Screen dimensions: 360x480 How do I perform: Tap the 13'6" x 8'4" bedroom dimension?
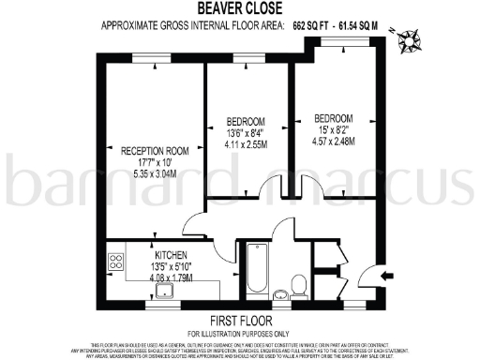point(246,133)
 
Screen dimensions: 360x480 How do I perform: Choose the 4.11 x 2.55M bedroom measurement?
point(246,145)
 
